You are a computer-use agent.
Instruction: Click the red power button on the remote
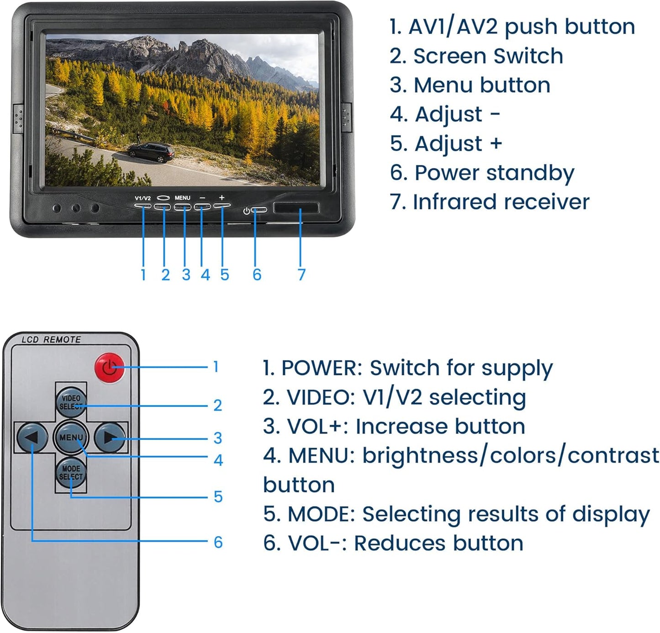(110, 368)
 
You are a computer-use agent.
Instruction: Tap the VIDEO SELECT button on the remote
(71, 402)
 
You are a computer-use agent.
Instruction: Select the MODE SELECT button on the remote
(71, 473)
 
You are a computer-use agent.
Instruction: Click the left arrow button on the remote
(32, 438)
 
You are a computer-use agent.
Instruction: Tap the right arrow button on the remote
(110, 438)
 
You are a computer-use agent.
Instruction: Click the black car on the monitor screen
(151, 152)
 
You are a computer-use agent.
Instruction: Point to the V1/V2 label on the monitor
(143, 198)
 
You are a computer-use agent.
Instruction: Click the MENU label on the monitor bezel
(182, 198)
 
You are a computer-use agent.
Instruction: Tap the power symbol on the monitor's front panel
(247, 211)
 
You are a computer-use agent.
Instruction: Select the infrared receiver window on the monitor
(296, 208)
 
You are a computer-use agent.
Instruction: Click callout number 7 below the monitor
(301, 274)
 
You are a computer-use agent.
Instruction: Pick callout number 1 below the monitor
(143, 274)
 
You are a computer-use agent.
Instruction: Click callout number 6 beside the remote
(218, 542)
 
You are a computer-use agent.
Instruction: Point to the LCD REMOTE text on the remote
(51, 340)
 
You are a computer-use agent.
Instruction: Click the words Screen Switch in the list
(488, 56)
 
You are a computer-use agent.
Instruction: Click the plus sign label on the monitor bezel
(222, 198)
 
